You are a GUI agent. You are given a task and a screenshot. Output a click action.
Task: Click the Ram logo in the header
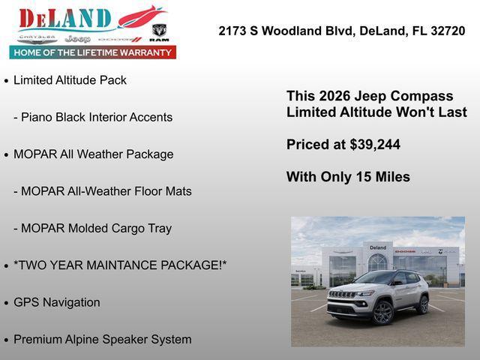point(159,32)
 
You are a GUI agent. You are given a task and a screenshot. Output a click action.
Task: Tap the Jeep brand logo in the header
point(77,38)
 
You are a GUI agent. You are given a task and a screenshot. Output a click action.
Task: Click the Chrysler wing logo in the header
point(37,37)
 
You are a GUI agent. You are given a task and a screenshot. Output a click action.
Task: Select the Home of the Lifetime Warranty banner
point(93,52)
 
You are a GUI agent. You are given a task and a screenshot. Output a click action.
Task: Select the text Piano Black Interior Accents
point(97,117)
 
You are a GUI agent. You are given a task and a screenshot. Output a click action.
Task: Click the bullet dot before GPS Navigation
point(7,303)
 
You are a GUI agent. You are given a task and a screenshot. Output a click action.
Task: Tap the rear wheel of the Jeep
point(423,304)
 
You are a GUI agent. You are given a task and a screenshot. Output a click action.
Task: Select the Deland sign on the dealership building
point(378,247)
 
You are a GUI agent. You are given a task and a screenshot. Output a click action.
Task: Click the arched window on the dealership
point(378,262)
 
